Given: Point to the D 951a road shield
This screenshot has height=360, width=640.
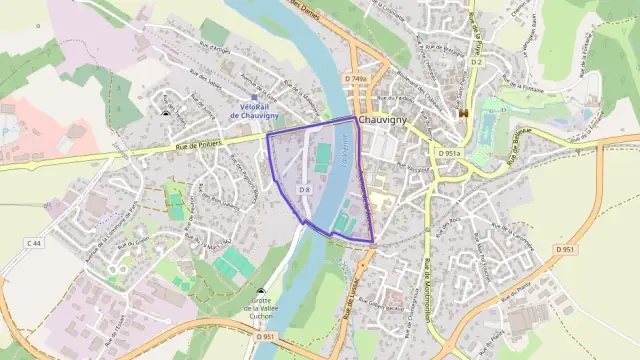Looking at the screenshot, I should point(449,153).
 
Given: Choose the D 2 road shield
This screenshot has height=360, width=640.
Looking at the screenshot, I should point(476,62).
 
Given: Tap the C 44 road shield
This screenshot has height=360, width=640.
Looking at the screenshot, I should point(35,243).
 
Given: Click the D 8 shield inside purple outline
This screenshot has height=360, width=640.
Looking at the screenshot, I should point(306,188).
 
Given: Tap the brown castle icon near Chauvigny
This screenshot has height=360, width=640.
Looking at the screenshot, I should point(463,114).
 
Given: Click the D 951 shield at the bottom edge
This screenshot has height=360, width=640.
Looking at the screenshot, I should point(264,338).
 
